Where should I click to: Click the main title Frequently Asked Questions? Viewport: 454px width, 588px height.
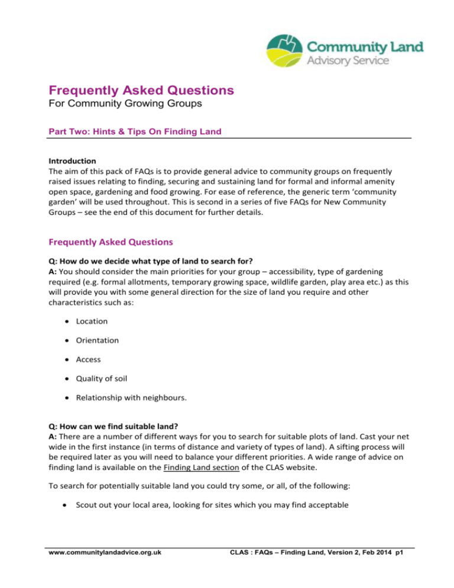click(x=141, y=91)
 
